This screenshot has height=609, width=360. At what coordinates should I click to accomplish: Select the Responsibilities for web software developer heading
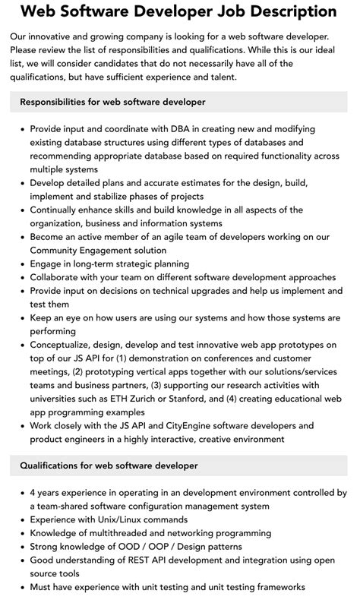pos(112,101)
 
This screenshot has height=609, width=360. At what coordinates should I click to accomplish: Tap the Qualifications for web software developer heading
pos(109,464)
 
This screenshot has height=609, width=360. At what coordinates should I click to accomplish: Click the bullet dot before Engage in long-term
pos(20,264)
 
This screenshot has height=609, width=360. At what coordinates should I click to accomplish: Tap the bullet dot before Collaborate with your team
pos(20,278)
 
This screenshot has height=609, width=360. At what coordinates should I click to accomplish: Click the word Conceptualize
pos(63,345)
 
